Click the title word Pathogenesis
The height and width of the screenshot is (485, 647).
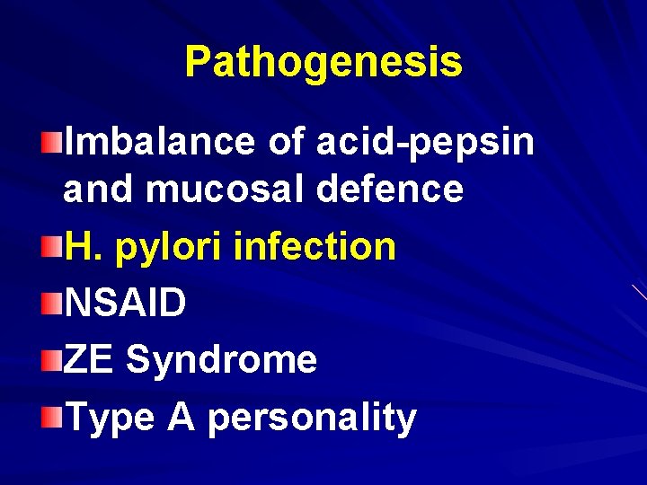[323, 62]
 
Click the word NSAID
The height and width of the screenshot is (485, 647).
[126, 303]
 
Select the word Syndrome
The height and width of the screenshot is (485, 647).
[222, 360]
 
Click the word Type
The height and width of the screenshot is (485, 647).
[111, 418]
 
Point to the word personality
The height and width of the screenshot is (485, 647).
[312, 418]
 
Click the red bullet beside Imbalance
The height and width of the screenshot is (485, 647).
[54, 139]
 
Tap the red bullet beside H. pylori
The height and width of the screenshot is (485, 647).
[54, 245]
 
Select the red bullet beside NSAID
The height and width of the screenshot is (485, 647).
[54, 303]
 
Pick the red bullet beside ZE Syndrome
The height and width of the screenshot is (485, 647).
[54, 360]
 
